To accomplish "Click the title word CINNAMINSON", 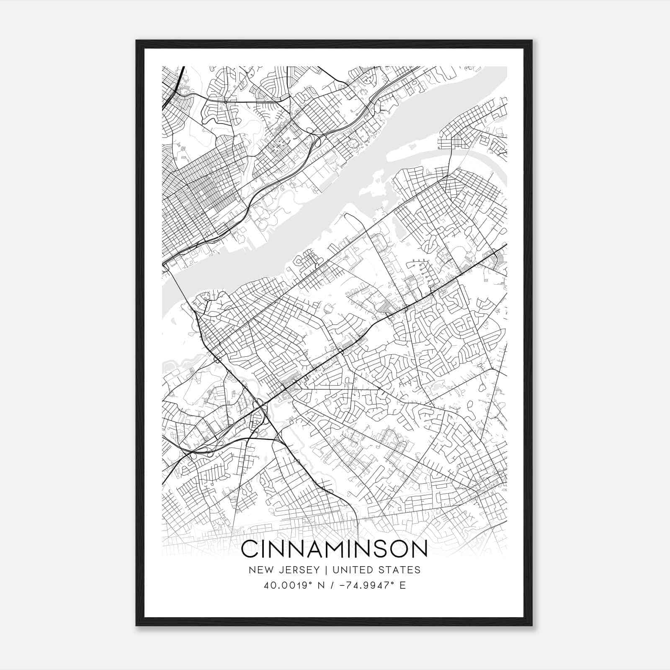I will pos(334,549).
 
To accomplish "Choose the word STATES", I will pos(402,570).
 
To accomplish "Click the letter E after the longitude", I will pos(402,585).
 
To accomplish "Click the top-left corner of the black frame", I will pos(137,41).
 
